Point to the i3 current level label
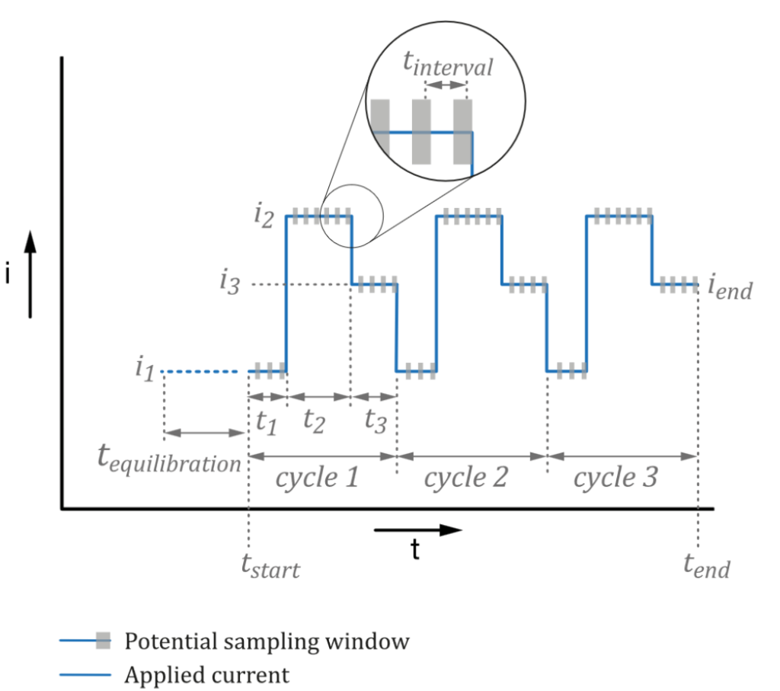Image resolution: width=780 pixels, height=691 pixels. coord(232,283)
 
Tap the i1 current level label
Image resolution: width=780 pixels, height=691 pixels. coord(145,370)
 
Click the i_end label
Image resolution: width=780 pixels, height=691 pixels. coord(730,289)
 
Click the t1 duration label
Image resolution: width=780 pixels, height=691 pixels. coord(266,421)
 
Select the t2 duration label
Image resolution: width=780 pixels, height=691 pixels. coord(314,421)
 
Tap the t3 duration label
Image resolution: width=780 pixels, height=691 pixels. coord(374,421)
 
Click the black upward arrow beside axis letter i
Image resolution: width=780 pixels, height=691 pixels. coord(30,274)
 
